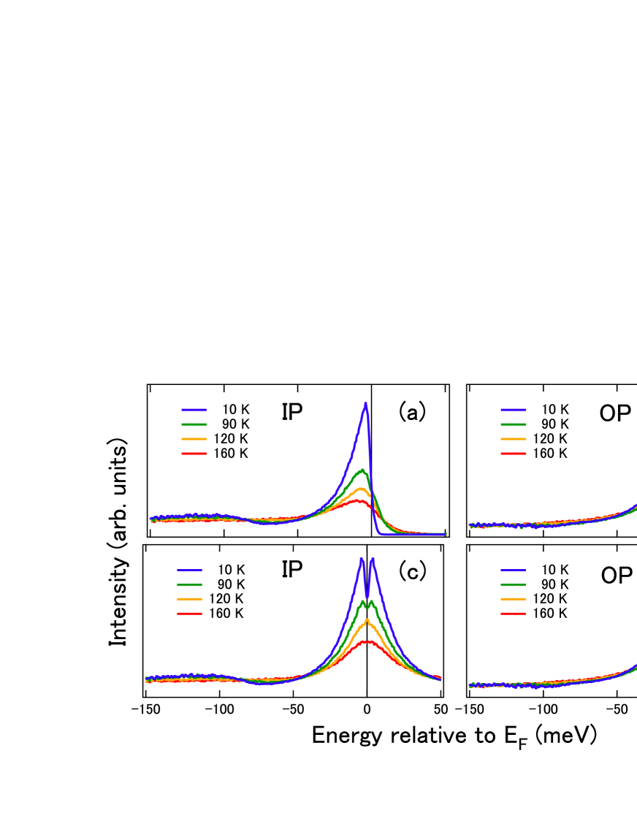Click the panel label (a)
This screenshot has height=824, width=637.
coord(411,412)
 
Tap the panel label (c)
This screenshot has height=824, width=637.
coord(411,571)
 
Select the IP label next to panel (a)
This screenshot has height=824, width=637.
coord(292,412)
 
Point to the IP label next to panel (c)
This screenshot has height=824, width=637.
coord(292,569)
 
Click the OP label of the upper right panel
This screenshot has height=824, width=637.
coord(616,413)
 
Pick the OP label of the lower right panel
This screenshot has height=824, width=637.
coord(616,576)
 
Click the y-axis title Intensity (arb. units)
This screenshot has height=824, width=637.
coord(118,541)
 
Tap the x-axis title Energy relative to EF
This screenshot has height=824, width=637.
coord(454,736)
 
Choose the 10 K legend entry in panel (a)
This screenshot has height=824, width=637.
coord(216,410)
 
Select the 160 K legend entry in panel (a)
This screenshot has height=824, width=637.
coord(216,454)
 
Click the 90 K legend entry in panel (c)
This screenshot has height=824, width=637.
coord(211,584)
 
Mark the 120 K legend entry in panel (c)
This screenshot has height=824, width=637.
coord(211,598)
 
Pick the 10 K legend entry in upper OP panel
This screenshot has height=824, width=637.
coord(535,410)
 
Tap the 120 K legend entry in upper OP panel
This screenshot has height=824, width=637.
coord(535,439)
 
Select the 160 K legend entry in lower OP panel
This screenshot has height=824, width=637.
coord(535,614)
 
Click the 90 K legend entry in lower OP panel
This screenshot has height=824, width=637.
coord(535,584)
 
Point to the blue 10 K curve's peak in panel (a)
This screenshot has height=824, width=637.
coord(365,403)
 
